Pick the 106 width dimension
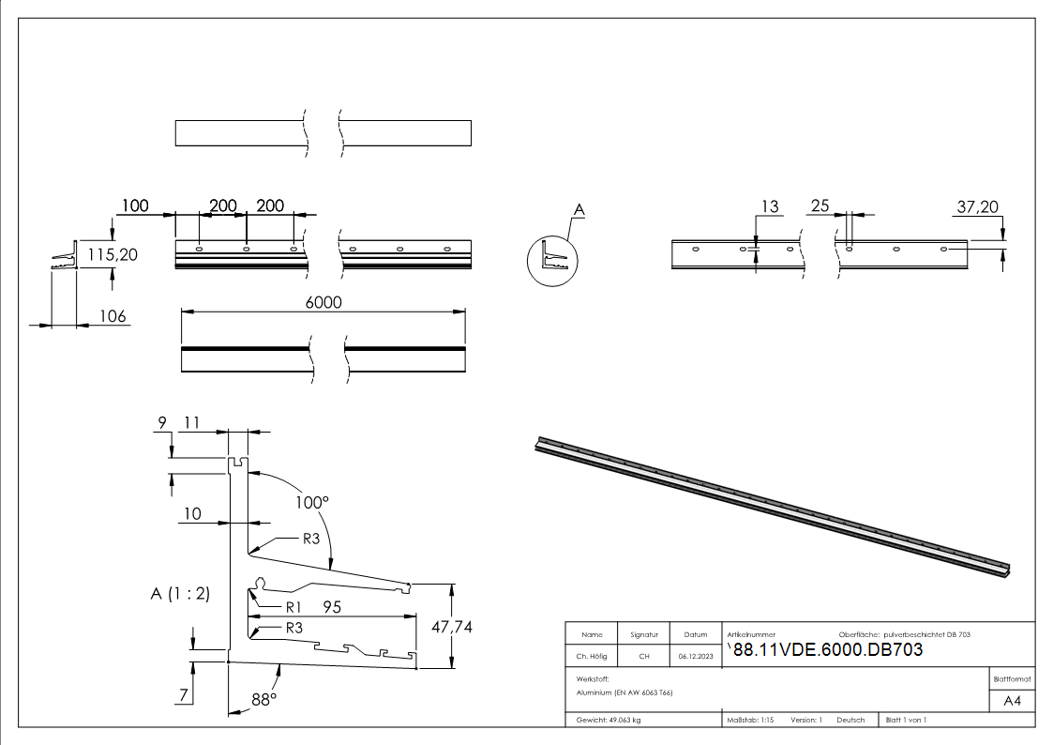(x=113, y=316)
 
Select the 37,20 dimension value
(x=977, y=206)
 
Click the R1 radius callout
(x=294, y=606)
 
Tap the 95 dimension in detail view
(x=332, y=607)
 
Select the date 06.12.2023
(x=695, y=657)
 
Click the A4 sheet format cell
(x=1012, y=701)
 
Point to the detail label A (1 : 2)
(x=180, y=593)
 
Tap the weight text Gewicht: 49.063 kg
(x=609, y=720)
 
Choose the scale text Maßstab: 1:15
(x=750, y=720)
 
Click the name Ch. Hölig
(x=593, y=657)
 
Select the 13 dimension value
(x=769, y=207)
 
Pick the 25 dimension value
(x=820, y=207)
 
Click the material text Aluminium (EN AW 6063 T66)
(x=625, y=692)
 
